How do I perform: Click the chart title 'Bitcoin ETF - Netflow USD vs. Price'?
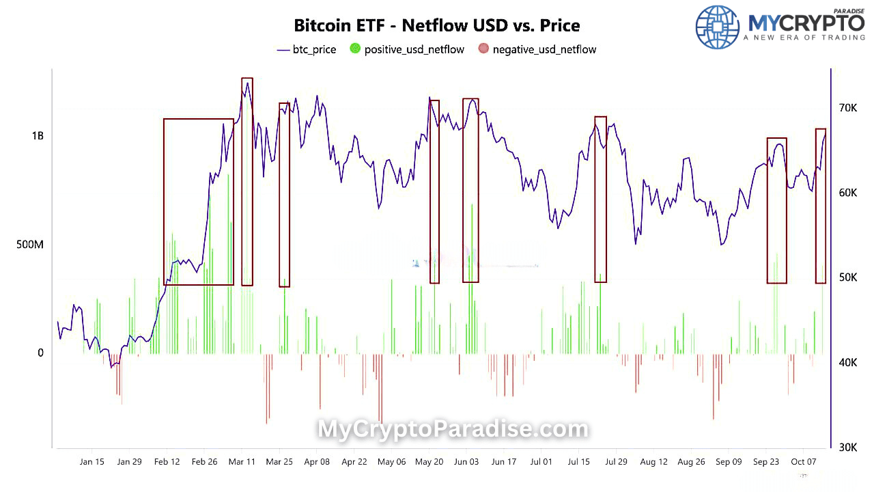coord(437,26)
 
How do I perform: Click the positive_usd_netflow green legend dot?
coord(355,49)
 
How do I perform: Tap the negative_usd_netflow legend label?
coord(544,49)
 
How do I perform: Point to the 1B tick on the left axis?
coord(37,135)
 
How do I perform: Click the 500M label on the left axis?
coord(30,244)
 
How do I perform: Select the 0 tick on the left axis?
coord(40,353)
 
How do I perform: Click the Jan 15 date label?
coord(91,462)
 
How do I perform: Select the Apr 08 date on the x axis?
coord(317,462)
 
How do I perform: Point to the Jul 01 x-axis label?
coord(541,462)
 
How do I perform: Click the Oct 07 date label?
coord(803,462)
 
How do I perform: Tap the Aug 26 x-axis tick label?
coord(691,462)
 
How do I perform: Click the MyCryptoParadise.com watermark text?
coord(453,429)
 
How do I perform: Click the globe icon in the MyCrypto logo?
coord(717,27)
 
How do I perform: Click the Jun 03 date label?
coord(466,462)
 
